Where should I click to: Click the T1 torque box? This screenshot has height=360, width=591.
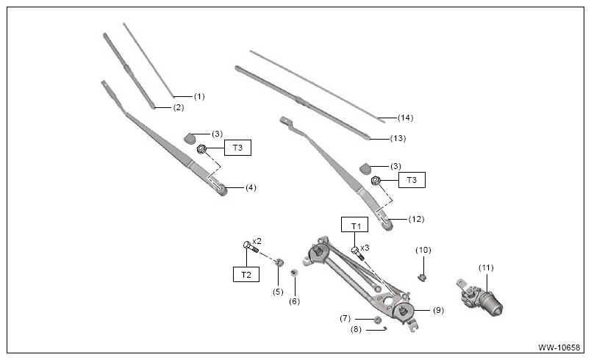click(x=355, y=225)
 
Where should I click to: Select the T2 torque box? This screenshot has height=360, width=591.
click(x=246, y=275)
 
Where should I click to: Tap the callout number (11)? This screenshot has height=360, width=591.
click(x=486, y=267)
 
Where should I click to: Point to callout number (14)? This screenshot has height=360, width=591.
click(x=406, y=118)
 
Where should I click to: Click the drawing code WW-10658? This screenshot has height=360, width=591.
click(x=559, y=348)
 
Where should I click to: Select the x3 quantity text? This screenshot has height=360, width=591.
click(x=365, y=248)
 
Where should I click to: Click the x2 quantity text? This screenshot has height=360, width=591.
click(x=257, y=241)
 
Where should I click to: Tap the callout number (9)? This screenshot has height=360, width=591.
click(x=438, y=311)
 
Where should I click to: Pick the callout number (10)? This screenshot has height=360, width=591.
click(x=423, y=250)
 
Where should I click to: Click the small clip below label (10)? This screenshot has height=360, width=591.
click(x=422, y=278)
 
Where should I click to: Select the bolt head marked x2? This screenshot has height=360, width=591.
click(x=247, y=245)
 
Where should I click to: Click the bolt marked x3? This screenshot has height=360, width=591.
click(x=357, y=253)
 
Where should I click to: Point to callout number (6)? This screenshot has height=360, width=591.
click(x=294, y=302)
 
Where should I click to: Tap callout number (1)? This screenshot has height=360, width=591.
click(x=199, y=97)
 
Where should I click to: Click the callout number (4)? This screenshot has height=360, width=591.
click(x=251, y=187)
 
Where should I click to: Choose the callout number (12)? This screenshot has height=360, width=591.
click(x=417, y=219)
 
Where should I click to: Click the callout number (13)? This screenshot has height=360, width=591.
click(x=398, y=139)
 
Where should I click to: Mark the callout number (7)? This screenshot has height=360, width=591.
click(x=345, y=319)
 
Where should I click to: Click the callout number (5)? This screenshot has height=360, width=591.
click(x=278, y=292)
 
